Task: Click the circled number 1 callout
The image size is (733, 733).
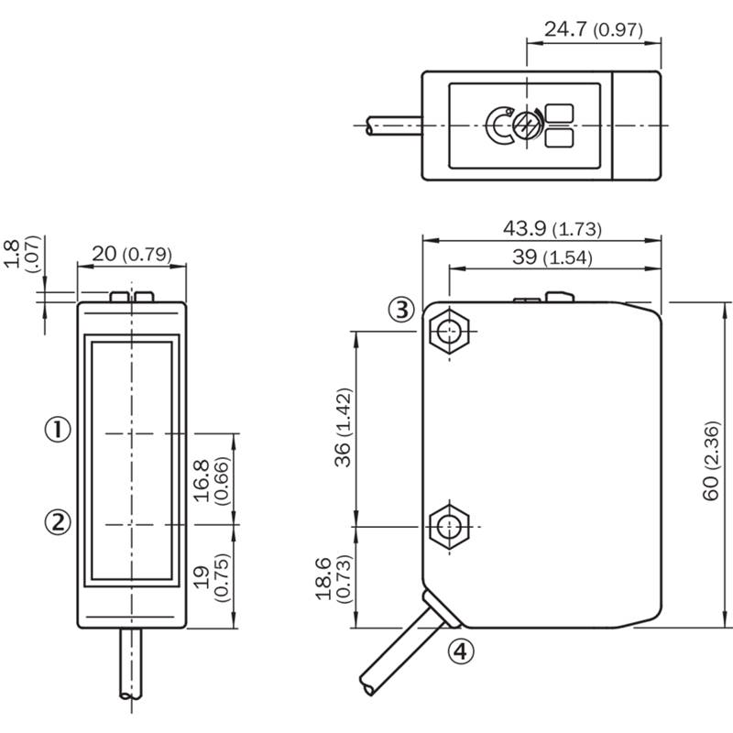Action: [58, 428]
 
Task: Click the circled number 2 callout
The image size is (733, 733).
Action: [58, 521]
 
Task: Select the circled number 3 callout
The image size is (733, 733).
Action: [401, 310]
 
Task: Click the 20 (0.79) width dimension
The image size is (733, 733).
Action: [132, 255]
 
